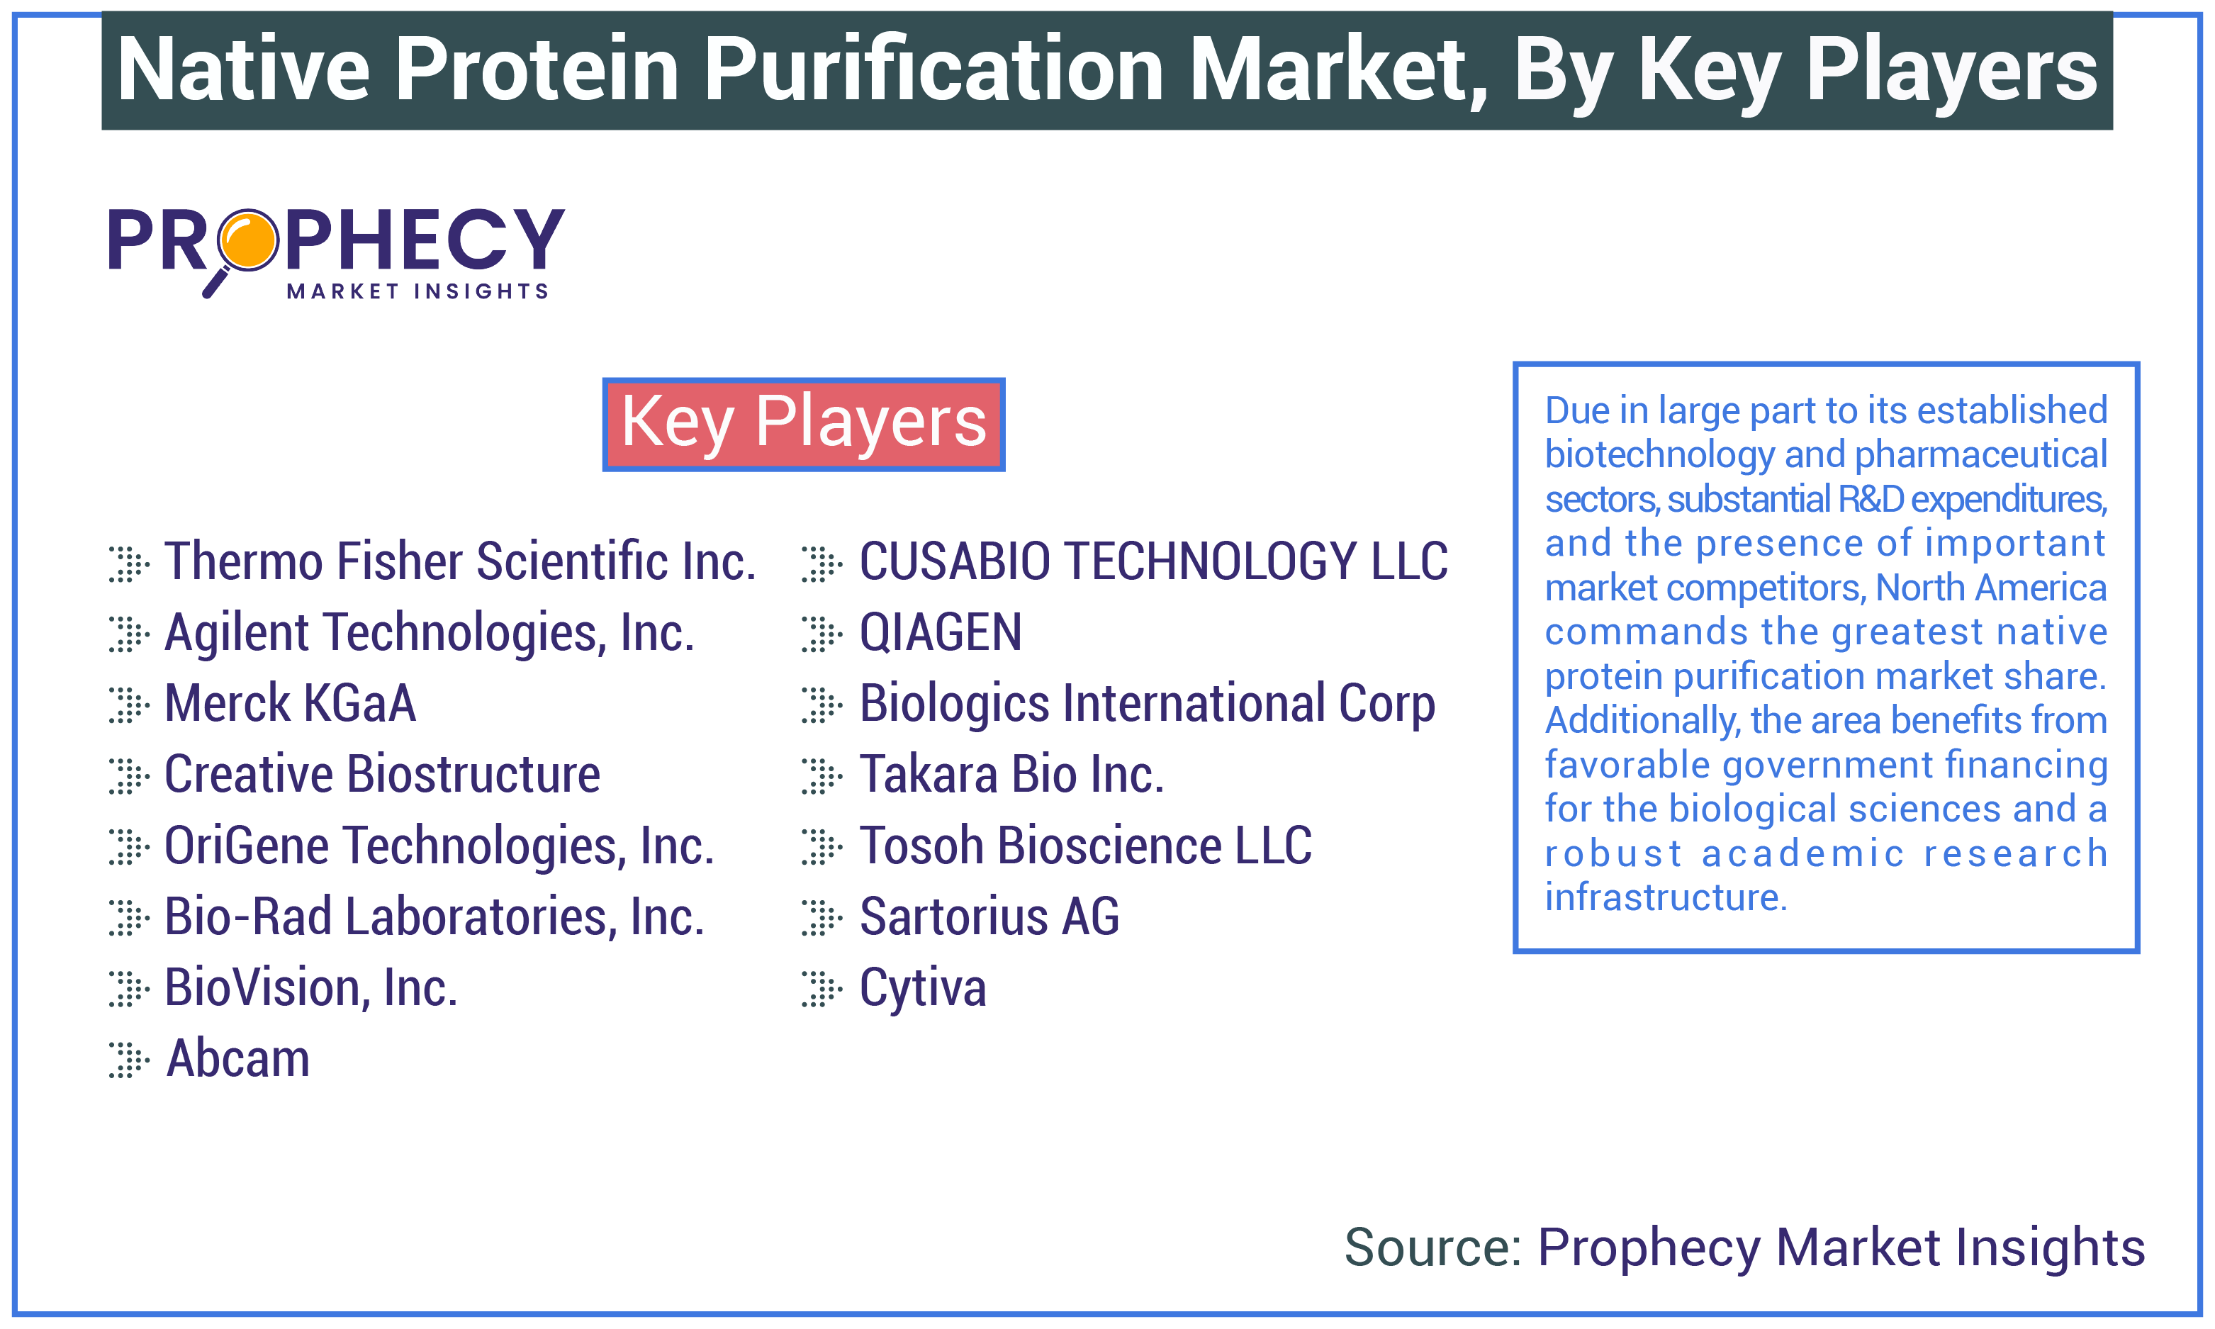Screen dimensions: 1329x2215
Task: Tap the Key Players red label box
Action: (803, 424)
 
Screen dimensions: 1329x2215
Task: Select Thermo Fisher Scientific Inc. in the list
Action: (460, 561)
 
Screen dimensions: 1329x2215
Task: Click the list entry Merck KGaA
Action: (290, 703)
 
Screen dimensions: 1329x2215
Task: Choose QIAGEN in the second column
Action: (940, 632)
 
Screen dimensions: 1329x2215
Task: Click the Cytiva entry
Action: (922, 988)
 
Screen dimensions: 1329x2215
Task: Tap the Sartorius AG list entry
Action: (989, 917)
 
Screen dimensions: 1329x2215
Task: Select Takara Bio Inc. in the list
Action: (1011, 775)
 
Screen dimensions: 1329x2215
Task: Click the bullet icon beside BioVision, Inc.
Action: (128, 989)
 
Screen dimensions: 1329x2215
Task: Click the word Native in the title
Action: (244, 70)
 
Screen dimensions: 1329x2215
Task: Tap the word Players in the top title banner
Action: (1950, 70)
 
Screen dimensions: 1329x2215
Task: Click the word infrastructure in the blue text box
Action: (1665, 897)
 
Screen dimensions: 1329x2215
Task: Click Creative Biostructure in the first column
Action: (382, 775)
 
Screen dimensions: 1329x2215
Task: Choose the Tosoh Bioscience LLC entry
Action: (1085, 846)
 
